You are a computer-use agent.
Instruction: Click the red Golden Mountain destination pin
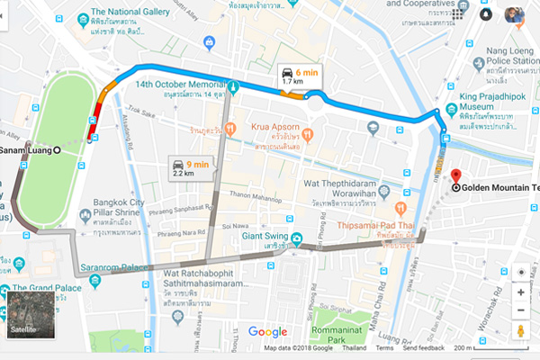[454, 175]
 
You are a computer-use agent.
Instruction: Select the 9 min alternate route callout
[191, 167]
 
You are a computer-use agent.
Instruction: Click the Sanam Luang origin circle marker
[58, 149]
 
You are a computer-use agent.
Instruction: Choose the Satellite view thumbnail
[31, 314]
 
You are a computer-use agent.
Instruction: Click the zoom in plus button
[520, 292]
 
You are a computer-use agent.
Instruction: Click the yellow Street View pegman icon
[520, 331]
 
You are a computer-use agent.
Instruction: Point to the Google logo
[267, 331]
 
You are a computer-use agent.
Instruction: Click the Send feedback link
[423, 347]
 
